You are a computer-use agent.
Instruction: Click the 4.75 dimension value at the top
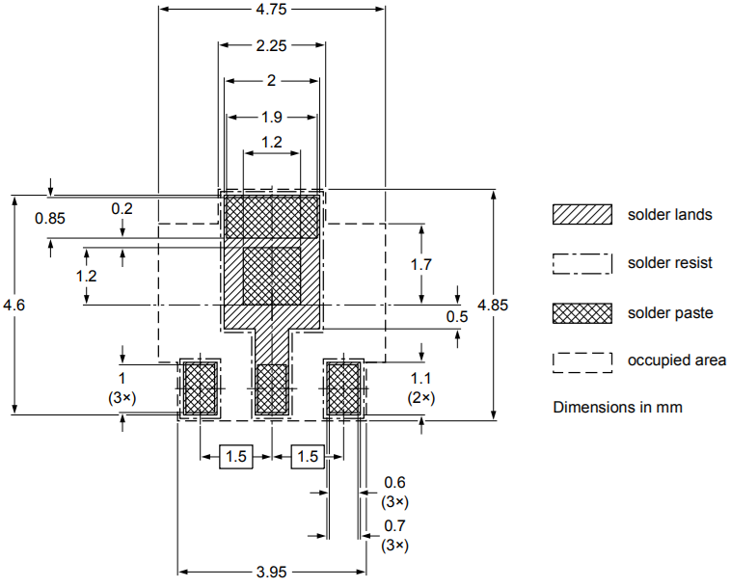(x=272, y=10)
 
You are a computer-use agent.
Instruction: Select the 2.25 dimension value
(x=271, y=45)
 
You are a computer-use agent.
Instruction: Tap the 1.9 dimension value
(x=271, y=117)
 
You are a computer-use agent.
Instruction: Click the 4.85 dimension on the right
(x=493, y=305)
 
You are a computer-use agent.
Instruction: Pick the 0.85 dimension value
(x=50, y=218)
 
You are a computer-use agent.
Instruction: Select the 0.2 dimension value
(x=122, y=208)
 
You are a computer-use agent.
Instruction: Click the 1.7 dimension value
(x=420, y=264)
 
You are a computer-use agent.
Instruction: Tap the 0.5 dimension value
(x=456, y=316)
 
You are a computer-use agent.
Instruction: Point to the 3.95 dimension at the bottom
(x=271, y=572)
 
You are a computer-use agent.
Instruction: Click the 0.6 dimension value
(x=395, y=482)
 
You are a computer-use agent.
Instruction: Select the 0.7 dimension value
(x=395, y=526)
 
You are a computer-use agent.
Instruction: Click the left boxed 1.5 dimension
(x=236, y=456)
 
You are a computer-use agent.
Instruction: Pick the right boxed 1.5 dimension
(x=308, y=456)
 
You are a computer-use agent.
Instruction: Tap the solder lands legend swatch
(x=582, y=214)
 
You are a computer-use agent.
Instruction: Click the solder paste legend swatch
(x=582, y=312)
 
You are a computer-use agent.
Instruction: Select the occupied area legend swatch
(x=582, y=360)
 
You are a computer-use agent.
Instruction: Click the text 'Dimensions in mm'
(x=617, y=407)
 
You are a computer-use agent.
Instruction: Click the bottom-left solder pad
(x=200, y=388)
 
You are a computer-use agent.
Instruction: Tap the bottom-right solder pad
(x=344, y=388)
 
